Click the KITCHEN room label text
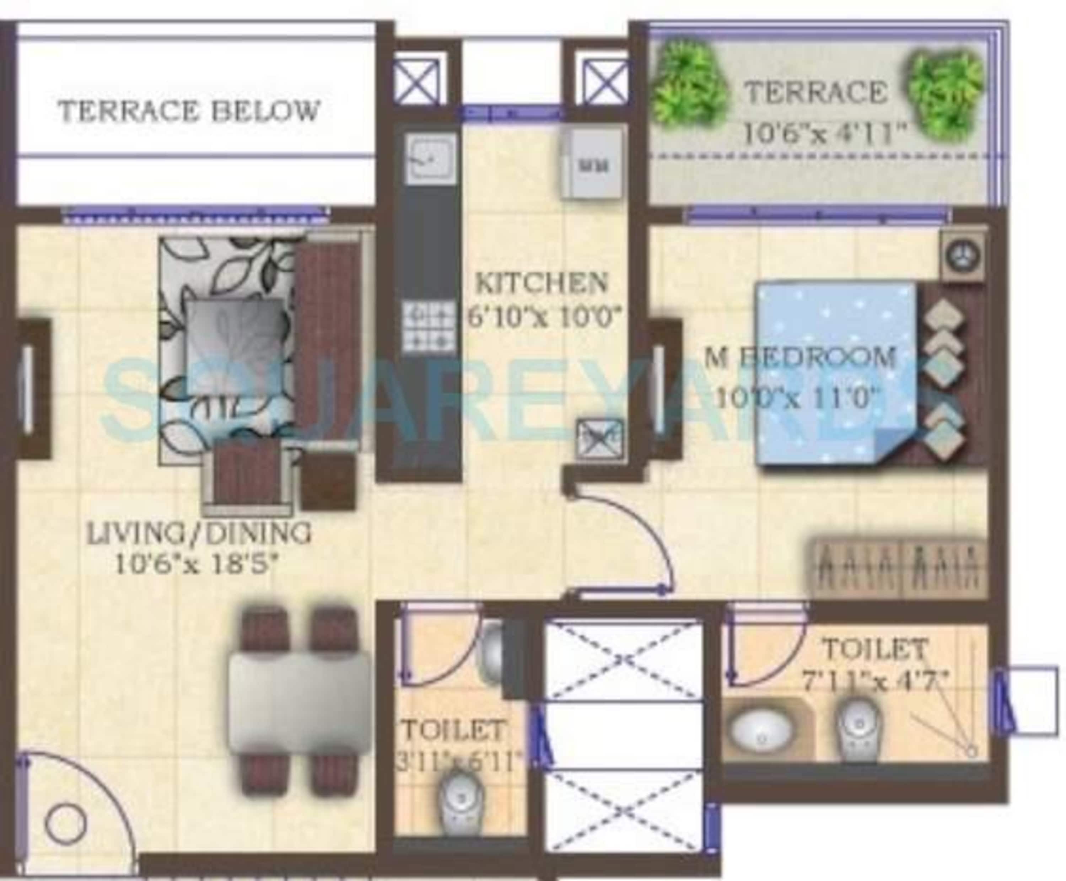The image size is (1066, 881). pyautogui.click(x=542, y=283)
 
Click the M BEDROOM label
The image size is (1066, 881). pyautogui.click(x=800, y=358)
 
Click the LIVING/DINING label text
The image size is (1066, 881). pyautogui.click(x=199, y=534)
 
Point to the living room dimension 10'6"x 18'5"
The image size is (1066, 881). pyautogui.click(x=198, y=564)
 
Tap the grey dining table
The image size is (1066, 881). pyautogui.click(x=299, y=702)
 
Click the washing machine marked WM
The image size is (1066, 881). pyautogui.click(x=592, y=163)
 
